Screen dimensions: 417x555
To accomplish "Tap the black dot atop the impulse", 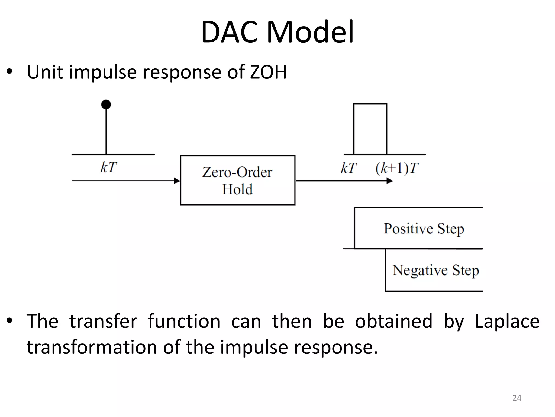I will tap(106, 105).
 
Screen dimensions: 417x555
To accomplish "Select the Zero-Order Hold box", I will tap(237, 180).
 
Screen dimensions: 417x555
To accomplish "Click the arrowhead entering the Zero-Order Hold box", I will tap(177, 181).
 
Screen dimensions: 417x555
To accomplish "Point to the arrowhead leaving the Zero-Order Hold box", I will tap(390, 181).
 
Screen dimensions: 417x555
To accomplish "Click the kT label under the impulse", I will tap(109, 168).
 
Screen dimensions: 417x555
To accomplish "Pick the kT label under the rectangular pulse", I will tap(349, 168).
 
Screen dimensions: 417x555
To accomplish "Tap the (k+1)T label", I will tap(397, 168).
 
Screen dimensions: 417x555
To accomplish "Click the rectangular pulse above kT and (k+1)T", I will tap(370, 129).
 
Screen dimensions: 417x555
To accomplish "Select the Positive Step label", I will tap(424, 229).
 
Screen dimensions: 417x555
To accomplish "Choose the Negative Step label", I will tap(436, 270).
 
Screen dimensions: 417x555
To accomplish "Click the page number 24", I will tap(517, 398).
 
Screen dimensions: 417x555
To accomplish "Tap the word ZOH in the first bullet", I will tap(268, 72).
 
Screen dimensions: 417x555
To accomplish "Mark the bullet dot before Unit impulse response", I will tap(10, 72).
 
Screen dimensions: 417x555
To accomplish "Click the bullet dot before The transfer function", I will tap(10, 321).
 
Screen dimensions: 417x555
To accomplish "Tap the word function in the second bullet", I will tap(184, 321).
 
